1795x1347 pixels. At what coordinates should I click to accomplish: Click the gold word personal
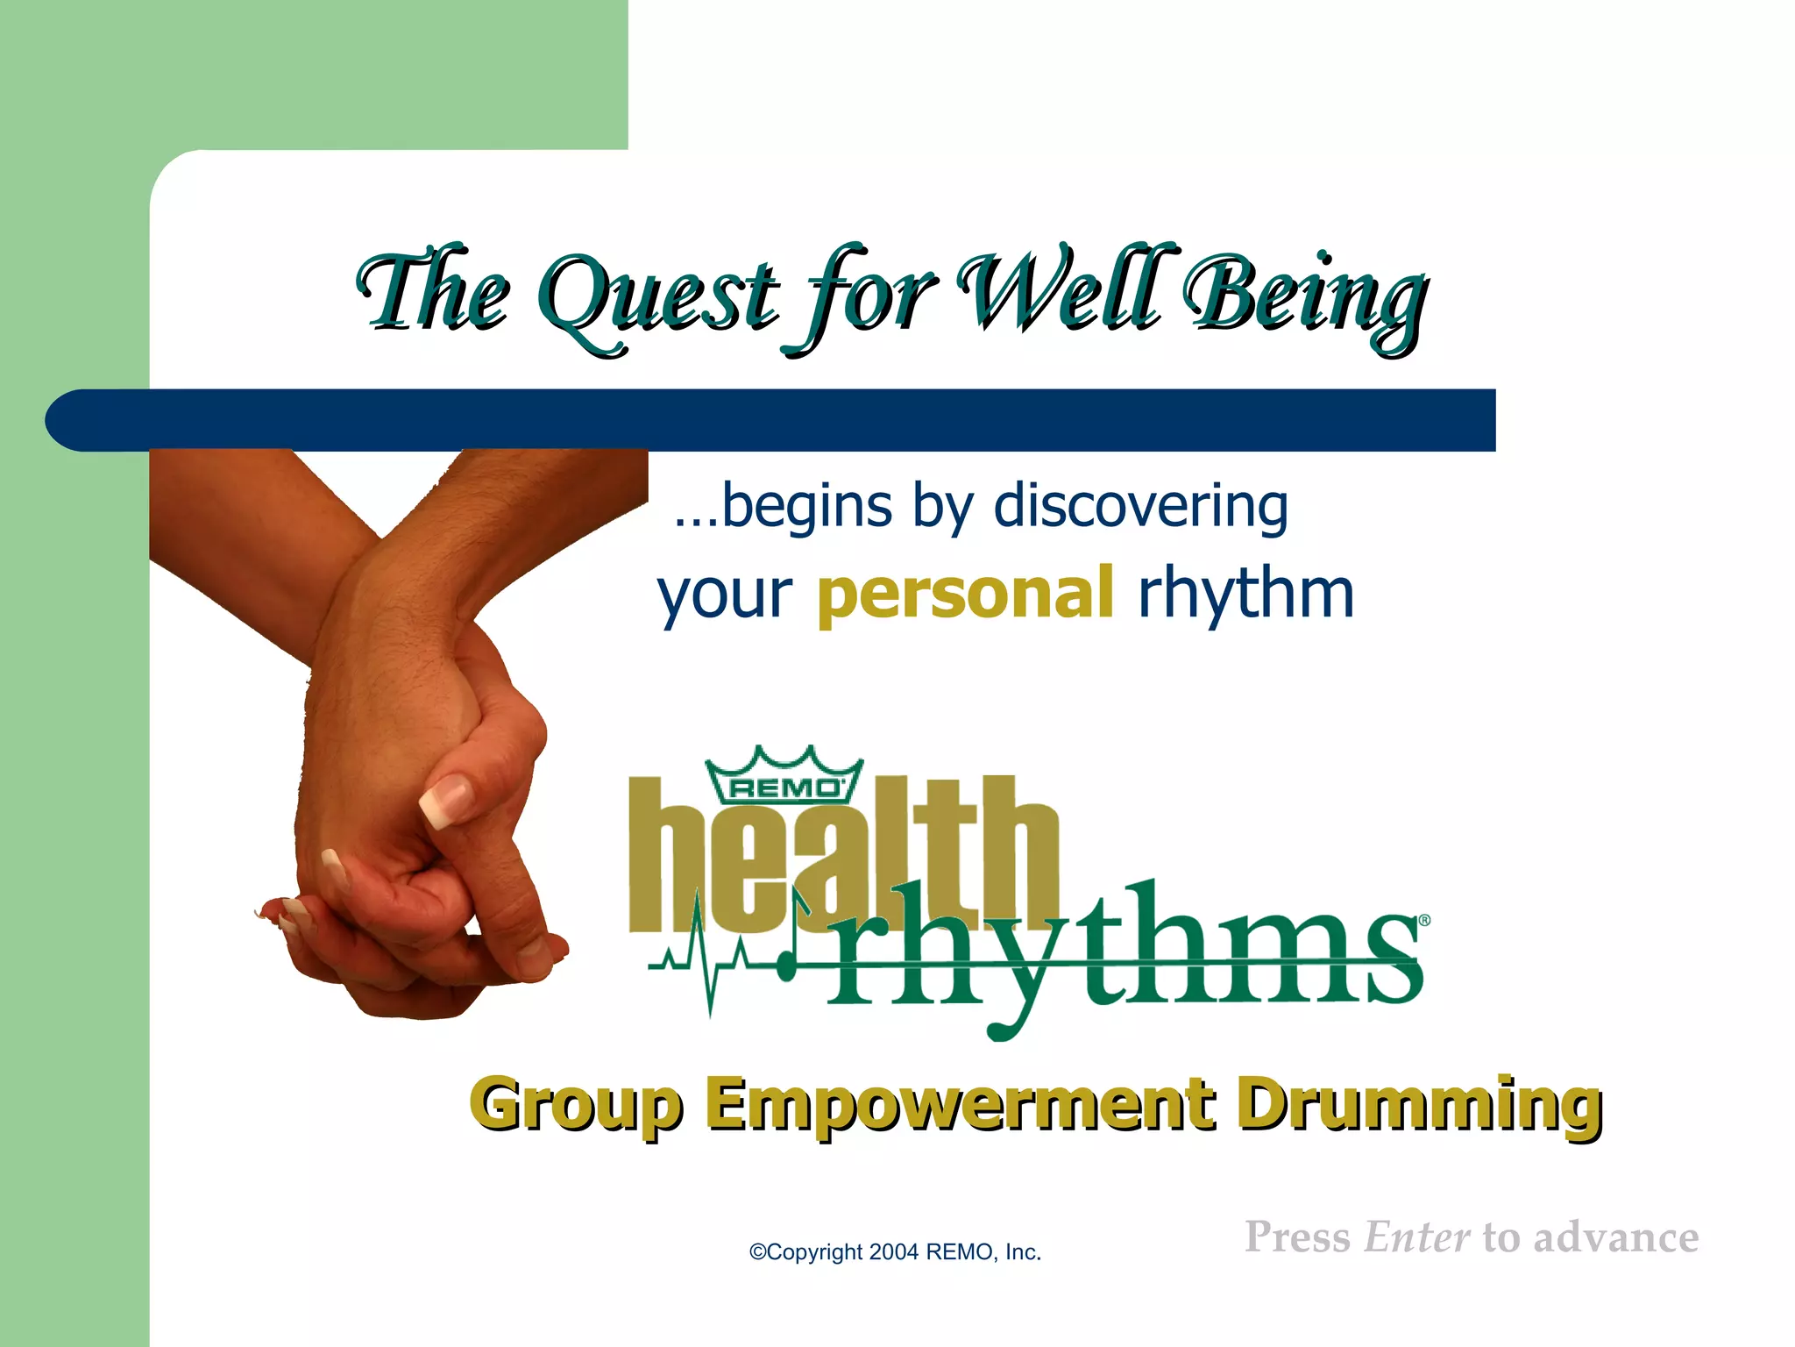965,595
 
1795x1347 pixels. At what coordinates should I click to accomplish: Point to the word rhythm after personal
1245,593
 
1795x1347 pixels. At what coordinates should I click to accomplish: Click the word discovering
1140,506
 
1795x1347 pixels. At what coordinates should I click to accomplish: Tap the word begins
806,508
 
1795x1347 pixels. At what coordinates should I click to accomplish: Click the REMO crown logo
784,777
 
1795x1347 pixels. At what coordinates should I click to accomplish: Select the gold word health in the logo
841,855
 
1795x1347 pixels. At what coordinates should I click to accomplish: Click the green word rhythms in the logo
1122,951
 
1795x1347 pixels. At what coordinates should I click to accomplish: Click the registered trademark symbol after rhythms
1424,921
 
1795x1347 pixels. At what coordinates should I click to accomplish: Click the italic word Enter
1416,1237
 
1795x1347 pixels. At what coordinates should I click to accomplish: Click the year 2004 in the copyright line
894,1252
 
